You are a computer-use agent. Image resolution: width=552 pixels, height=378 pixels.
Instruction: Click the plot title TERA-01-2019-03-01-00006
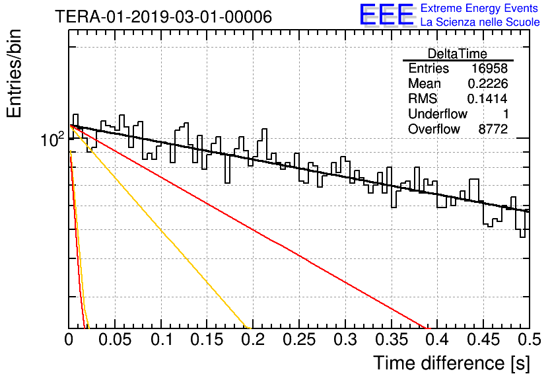[x=163, y=17]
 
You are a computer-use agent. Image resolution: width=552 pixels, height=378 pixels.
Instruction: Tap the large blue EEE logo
[x=387, y=15]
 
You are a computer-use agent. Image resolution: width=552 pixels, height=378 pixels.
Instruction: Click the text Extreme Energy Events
[x=479, y=8]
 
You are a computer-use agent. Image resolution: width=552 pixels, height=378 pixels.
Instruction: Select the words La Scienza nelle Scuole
[x=480, y=22]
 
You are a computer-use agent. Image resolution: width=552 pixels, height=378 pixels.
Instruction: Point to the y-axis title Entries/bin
[x=14, y=73]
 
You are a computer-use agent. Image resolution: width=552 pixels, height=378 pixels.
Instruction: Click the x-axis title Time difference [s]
[x=452, y=363]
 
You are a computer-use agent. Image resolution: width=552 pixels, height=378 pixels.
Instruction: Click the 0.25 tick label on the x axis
[x=299, y=340]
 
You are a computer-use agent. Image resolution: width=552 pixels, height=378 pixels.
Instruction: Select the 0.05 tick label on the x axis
[x=115, y=340]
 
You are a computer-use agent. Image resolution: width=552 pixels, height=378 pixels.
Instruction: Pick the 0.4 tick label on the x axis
[x=437, y=340]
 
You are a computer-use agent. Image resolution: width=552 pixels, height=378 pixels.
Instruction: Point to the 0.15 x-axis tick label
[x=207, y=340]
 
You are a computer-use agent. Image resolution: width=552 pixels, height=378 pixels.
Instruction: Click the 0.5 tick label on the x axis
[x=529, y=340]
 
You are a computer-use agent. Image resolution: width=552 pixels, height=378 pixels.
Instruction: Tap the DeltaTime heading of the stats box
[x=458, y=54]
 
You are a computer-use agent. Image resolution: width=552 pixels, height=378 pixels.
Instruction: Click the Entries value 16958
[x=489, y=68]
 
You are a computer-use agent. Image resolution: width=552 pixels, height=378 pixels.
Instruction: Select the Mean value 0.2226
[x=487, y=83]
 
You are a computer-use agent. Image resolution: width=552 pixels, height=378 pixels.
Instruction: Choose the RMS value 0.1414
[x=487, y=98]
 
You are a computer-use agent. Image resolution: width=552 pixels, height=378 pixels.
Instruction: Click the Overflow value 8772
[x=493, y=129]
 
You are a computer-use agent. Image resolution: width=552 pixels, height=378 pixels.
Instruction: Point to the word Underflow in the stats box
[x=438, y=114]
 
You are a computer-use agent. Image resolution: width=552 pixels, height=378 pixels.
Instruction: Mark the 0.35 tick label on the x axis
[x=392, y=340]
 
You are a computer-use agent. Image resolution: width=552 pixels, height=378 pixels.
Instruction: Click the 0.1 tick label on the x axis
[x=162, y=340]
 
